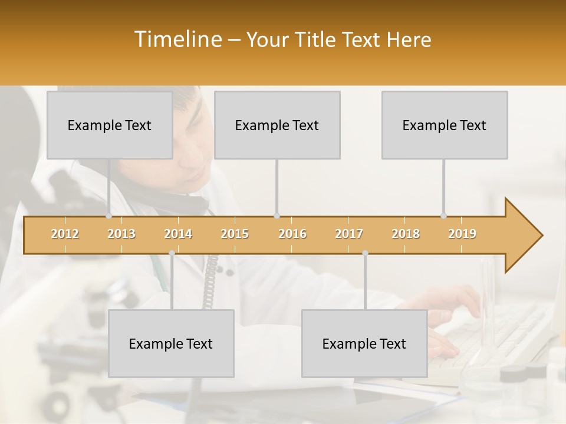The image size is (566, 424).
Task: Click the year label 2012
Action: coord(65,234)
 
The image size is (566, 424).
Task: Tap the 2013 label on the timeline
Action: coord(121,234)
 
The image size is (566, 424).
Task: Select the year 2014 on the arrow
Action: coord(178,234)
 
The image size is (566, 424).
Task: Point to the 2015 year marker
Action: coord(235,234)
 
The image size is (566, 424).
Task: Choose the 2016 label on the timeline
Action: coord(292,234)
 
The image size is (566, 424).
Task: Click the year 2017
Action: coord(349,234)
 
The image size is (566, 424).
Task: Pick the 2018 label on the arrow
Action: coord(406,234)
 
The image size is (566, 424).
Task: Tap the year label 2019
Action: coord(462,234)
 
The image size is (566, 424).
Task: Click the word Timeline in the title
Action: coord(176,39)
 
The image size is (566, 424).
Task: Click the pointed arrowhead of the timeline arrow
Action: coord(525,235)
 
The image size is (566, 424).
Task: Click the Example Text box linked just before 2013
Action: coord(110,125)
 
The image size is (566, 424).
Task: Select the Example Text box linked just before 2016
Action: coord(277,125)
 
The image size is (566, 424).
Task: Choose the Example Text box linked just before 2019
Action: coord(445,125)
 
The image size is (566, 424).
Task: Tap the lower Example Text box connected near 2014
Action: coord(171,343)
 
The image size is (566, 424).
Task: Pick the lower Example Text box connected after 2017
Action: coord(364,343)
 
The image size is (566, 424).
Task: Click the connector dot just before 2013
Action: coord(108,216)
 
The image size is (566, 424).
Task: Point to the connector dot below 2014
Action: coord(172,253)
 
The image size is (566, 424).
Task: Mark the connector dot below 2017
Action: coord(365,253)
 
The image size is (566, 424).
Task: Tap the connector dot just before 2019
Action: coord(443,216)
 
